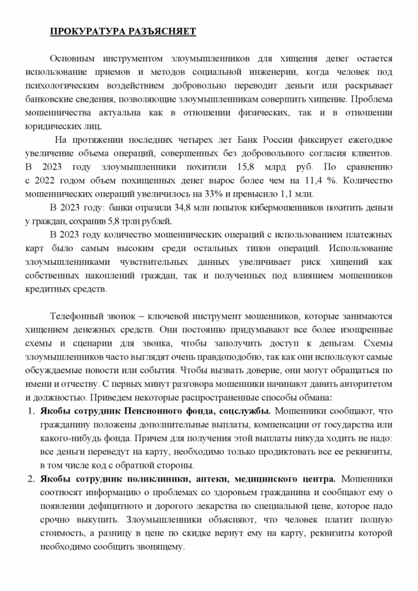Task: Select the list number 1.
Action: coord(30,411)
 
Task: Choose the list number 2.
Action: coord(30,479)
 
